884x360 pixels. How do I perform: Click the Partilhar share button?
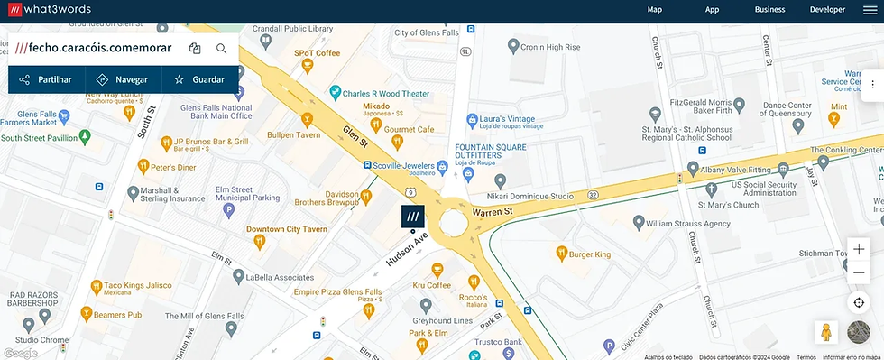[46, 79]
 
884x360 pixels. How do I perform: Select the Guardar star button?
[199, 79]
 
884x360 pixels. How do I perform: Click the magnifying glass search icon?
[222, 49]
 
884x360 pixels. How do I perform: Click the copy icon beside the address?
[195, 49]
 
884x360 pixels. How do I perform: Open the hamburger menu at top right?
[869, 10]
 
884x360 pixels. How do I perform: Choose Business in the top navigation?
[769, 10]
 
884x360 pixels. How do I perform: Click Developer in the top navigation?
[827, 10]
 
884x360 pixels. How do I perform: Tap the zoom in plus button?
[859, 249]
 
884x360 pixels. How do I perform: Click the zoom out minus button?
[859, 272]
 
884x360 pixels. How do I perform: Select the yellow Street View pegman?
[823, 332]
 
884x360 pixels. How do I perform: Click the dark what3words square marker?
[413, 217]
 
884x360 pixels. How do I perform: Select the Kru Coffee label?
[431, 285]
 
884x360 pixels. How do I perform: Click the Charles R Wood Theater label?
[385, 93]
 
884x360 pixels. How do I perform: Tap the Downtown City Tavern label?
[286, 229]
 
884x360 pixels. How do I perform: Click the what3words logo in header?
[51, 10]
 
